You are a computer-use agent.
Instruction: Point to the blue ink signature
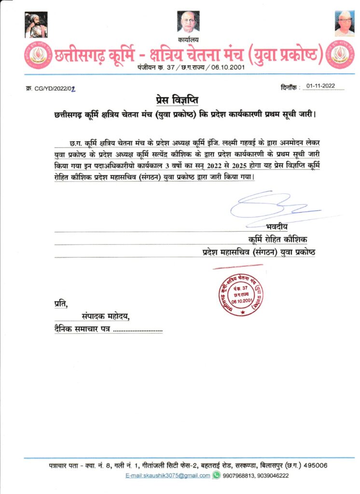[x=270, y=206]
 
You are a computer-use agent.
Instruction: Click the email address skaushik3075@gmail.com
[x=167, y=476]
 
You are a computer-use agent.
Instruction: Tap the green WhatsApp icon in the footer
[x=217, y=476]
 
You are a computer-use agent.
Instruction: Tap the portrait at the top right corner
[x=345, y=24]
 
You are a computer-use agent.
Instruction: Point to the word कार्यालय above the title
[x=188, y=40]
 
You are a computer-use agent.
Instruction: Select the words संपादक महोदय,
[x=106, y=317]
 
